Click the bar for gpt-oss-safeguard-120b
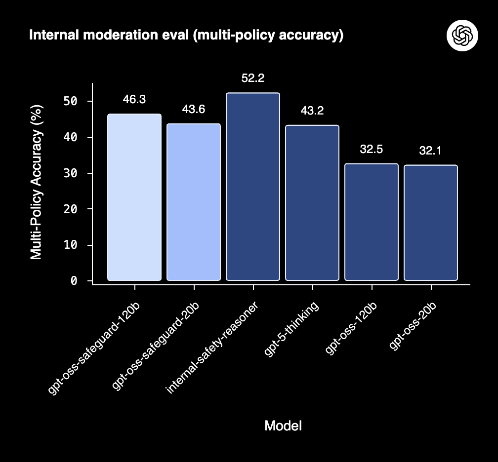[x=134, y=197]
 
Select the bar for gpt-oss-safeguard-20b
[x=194, y=202]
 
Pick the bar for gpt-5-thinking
[x=312, y=203]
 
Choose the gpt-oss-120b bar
[x=372, y=222]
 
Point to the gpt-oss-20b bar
[x=431, y=223]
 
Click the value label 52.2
[x=253, y=78]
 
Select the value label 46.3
[x=134, y=99]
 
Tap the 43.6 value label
[x=194, y=110]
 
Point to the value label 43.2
[x=312, y=111]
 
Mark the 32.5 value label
[x=372, y=149]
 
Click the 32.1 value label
[x=431, y=151]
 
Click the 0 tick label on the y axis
[x=74, y=281]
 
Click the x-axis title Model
[x=283, y=425]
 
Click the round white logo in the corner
[x=463, y=35]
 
